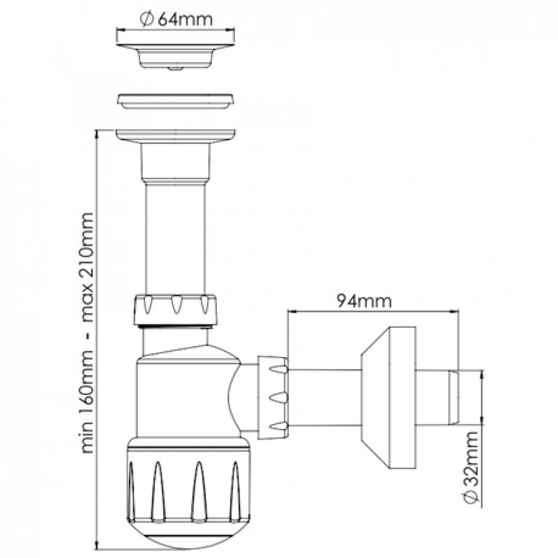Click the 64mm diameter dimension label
tap(176, 20)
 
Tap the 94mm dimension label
tap(364, 301)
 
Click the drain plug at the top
tap(176, 56)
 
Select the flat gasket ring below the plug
tap(176, 101)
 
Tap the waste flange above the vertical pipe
tap(176, 136)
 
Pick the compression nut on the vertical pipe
tap(175, 309)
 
